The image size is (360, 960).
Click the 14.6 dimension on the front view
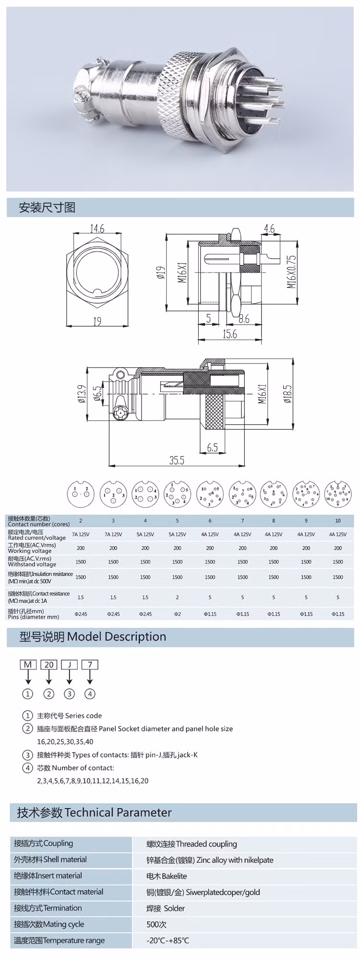pyautogui.click(x=97, y=229)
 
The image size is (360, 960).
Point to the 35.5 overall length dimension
pyautogui.click(x=176, y=460)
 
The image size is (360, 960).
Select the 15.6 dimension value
pyautogui.click(x=229, y=334)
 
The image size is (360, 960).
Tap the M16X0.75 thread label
pyautogui.click(x=291, y=272)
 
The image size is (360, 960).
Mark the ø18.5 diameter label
pyautogui.click(x=288, y=394)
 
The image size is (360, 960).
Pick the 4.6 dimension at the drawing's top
pyautogui.click(x=269, y=228)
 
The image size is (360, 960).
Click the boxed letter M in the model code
pyautogui.click(x=28, y=664)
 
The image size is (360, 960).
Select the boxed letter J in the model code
pyautogui.click(x=70, y=664)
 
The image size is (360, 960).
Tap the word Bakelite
pyautogui.click(x=174, y=876)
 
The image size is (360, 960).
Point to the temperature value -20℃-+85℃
pyautogui.click(x=168, y=940)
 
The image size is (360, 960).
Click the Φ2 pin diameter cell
pyautogui.click(x=177, y=614)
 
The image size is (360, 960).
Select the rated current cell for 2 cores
pyautogui.click(x=81, y=534)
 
